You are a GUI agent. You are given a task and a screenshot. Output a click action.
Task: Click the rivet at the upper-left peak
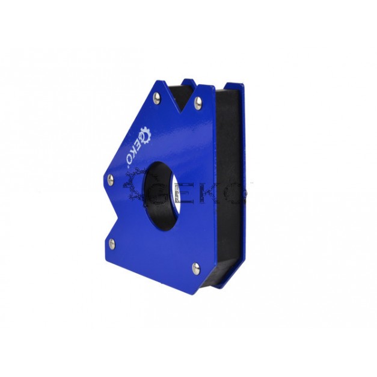157,98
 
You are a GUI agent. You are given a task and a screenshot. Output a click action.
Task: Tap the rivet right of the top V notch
198,103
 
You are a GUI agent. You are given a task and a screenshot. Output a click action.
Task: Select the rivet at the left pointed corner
111,179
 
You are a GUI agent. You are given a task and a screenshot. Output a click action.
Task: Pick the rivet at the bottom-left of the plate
112,244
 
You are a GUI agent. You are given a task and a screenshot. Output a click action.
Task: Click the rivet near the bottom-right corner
196,269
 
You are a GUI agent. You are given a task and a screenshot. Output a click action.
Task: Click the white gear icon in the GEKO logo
146,136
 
